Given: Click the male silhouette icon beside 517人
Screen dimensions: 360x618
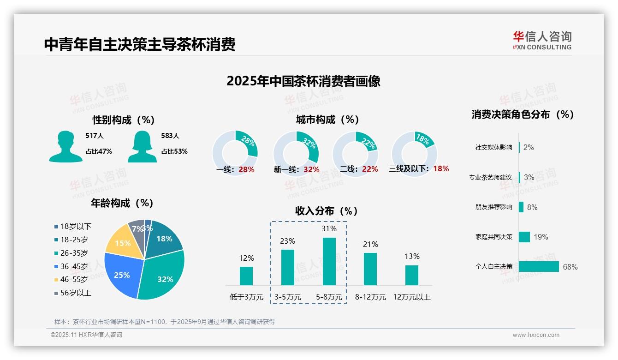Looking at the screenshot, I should (x=65, y=146).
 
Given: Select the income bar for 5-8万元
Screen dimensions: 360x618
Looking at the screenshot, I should (x=329, y=261).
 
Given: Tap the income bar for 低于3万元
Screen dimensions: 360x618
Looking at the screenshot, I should (x=246, y=276).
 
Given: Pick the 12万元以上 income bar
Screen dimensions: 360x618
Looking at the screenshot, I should (x=412, y=275).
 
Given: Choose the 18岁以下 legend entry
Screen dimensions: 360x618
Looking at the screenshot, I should (x=72, y=226).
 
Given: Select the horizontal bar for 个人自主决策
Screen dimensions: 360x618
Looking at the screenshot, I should (x=539, y=266).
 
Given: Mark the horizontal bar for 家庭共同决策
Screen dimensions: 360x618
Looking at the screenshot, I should (x=524, y=237).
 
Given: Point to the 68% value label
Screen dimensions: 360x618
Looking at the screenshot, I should (x=570, y=267).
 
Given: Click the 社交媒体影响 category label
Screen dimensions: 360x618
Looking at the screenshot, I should (x=493, y=148).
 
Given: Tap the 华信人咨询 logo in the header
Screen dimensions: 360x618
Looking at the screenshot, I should (x=542, y=40).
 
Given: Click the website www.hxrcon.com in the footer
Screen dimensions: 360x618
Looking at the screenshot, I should (x=536, y=335).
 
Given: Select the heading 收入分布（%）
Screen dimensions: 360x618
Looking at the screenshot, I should (x=327, y=211).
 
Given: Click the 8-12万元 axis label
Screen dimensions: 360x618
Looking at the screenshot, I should (x=370, y=297).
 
